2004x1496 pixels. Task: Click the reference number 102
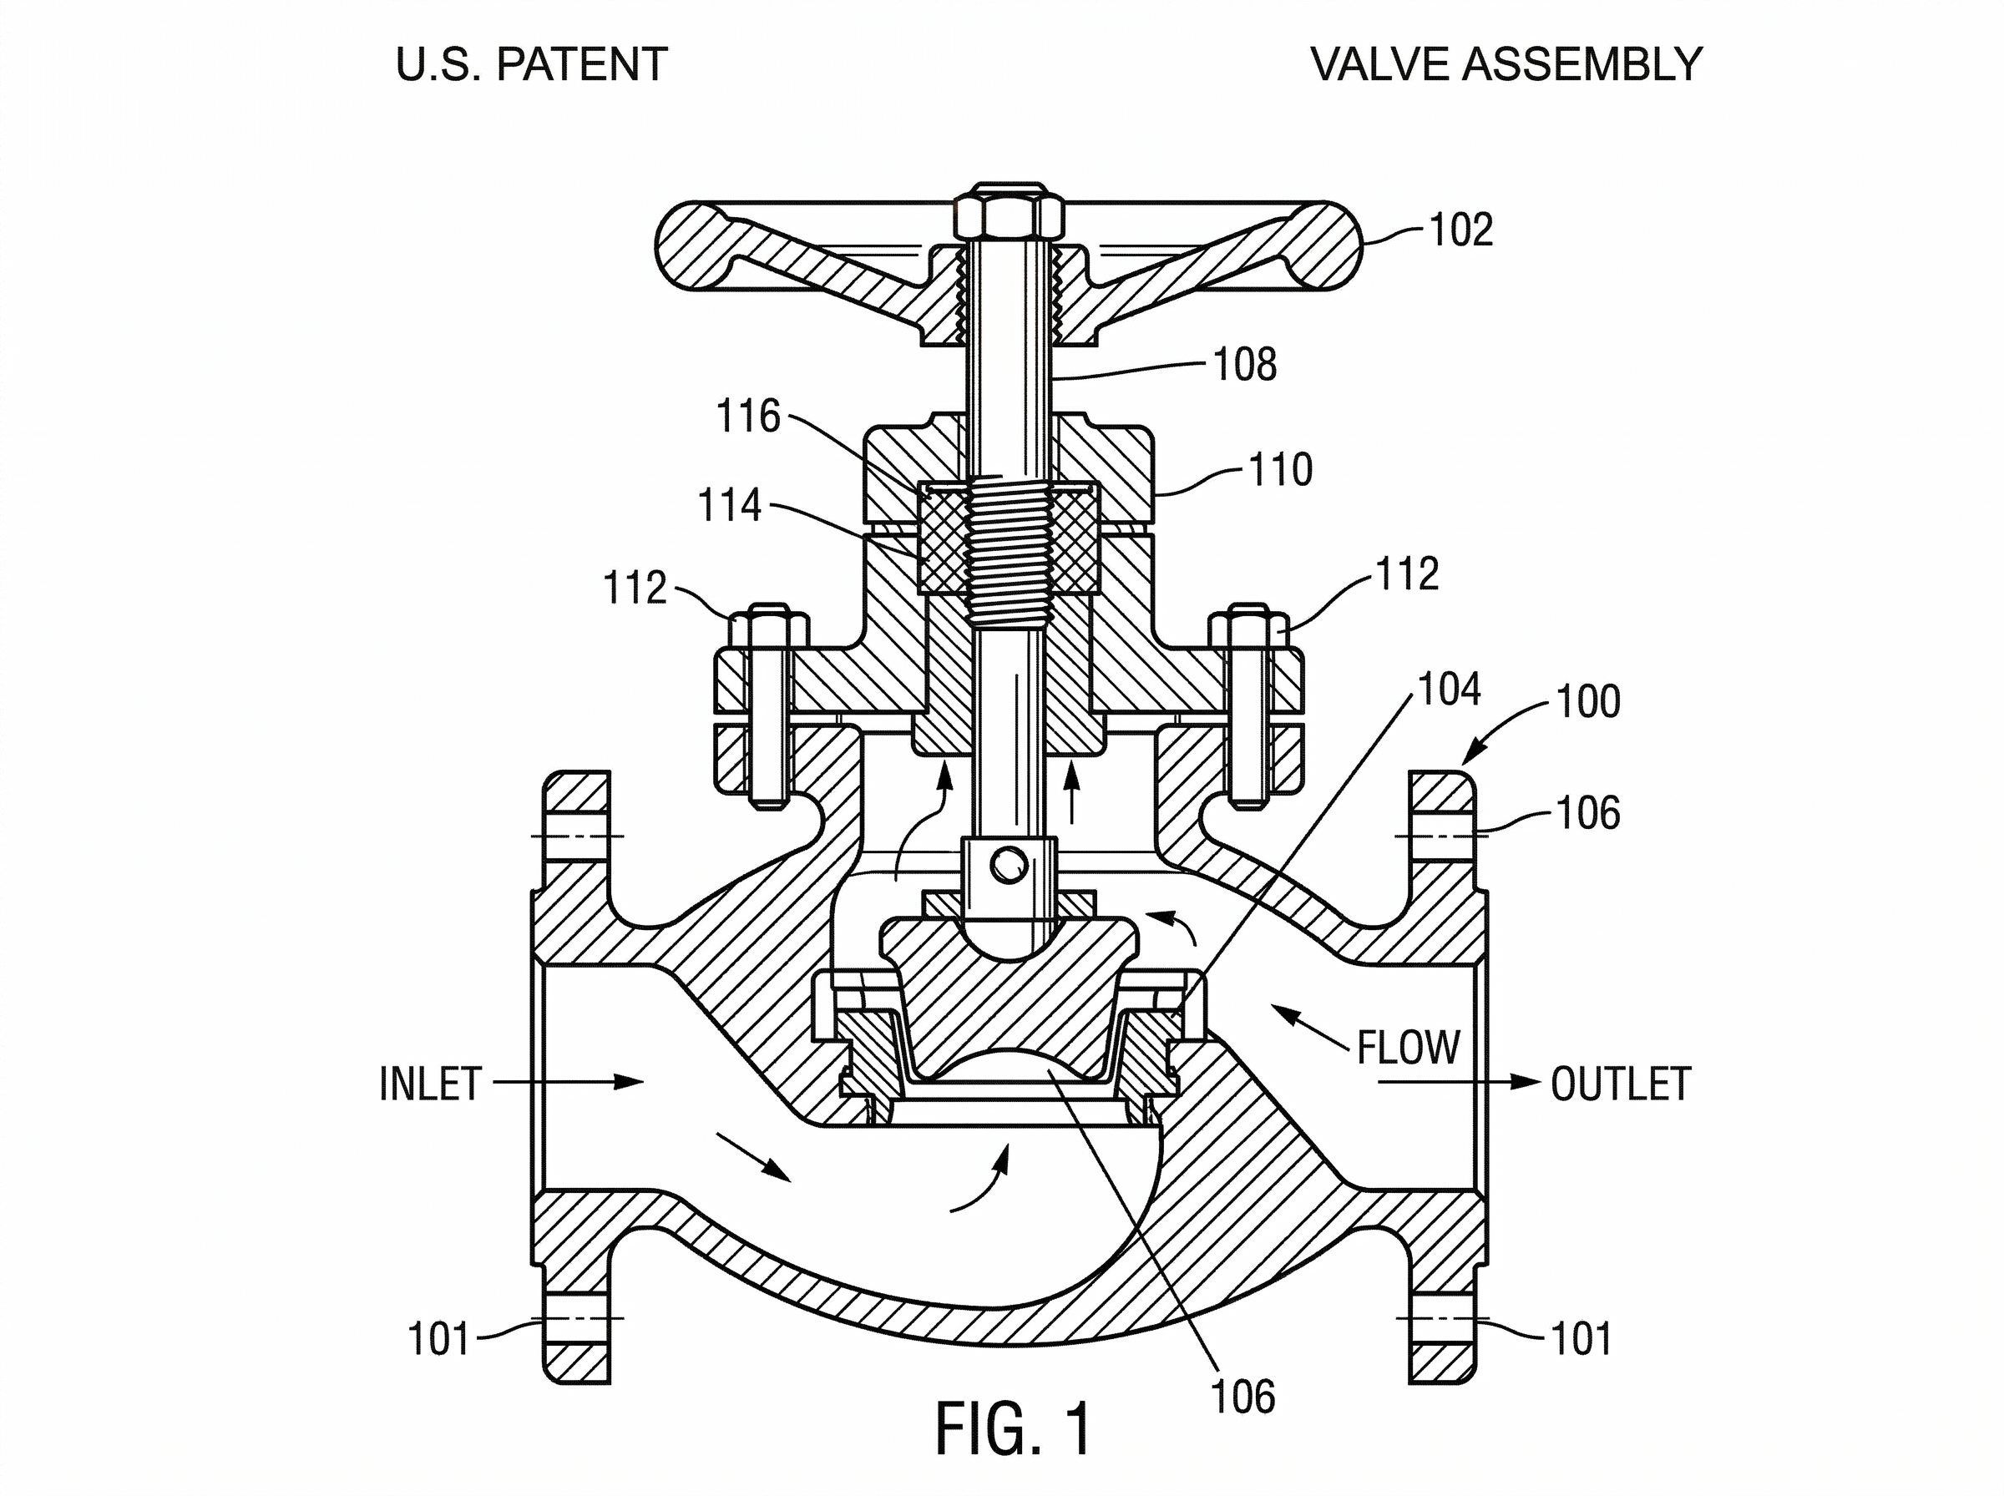1460,230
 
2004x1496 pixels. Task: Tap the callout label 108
1245,364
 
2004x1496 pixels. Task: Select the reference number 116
748,417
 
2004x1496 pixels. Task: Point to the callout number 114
730,505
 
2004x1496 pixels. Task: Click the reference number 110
1280,470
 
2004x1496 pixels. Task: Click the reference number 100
1588,702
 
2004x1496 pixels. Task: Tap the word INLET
429,1084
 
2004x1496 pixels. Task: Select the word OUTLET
1621,1084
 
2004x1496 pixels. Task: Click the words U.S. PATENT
533,64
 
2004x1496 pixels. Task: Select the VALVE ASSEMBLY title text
1507,64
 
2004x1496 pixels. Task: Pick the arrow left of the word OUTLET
1458,1081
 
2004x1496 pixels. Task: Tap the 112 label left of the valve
635,588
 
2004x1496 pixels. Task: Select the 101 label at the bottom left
439,1339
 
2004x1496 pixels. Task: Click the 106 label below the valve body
1243,1397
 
